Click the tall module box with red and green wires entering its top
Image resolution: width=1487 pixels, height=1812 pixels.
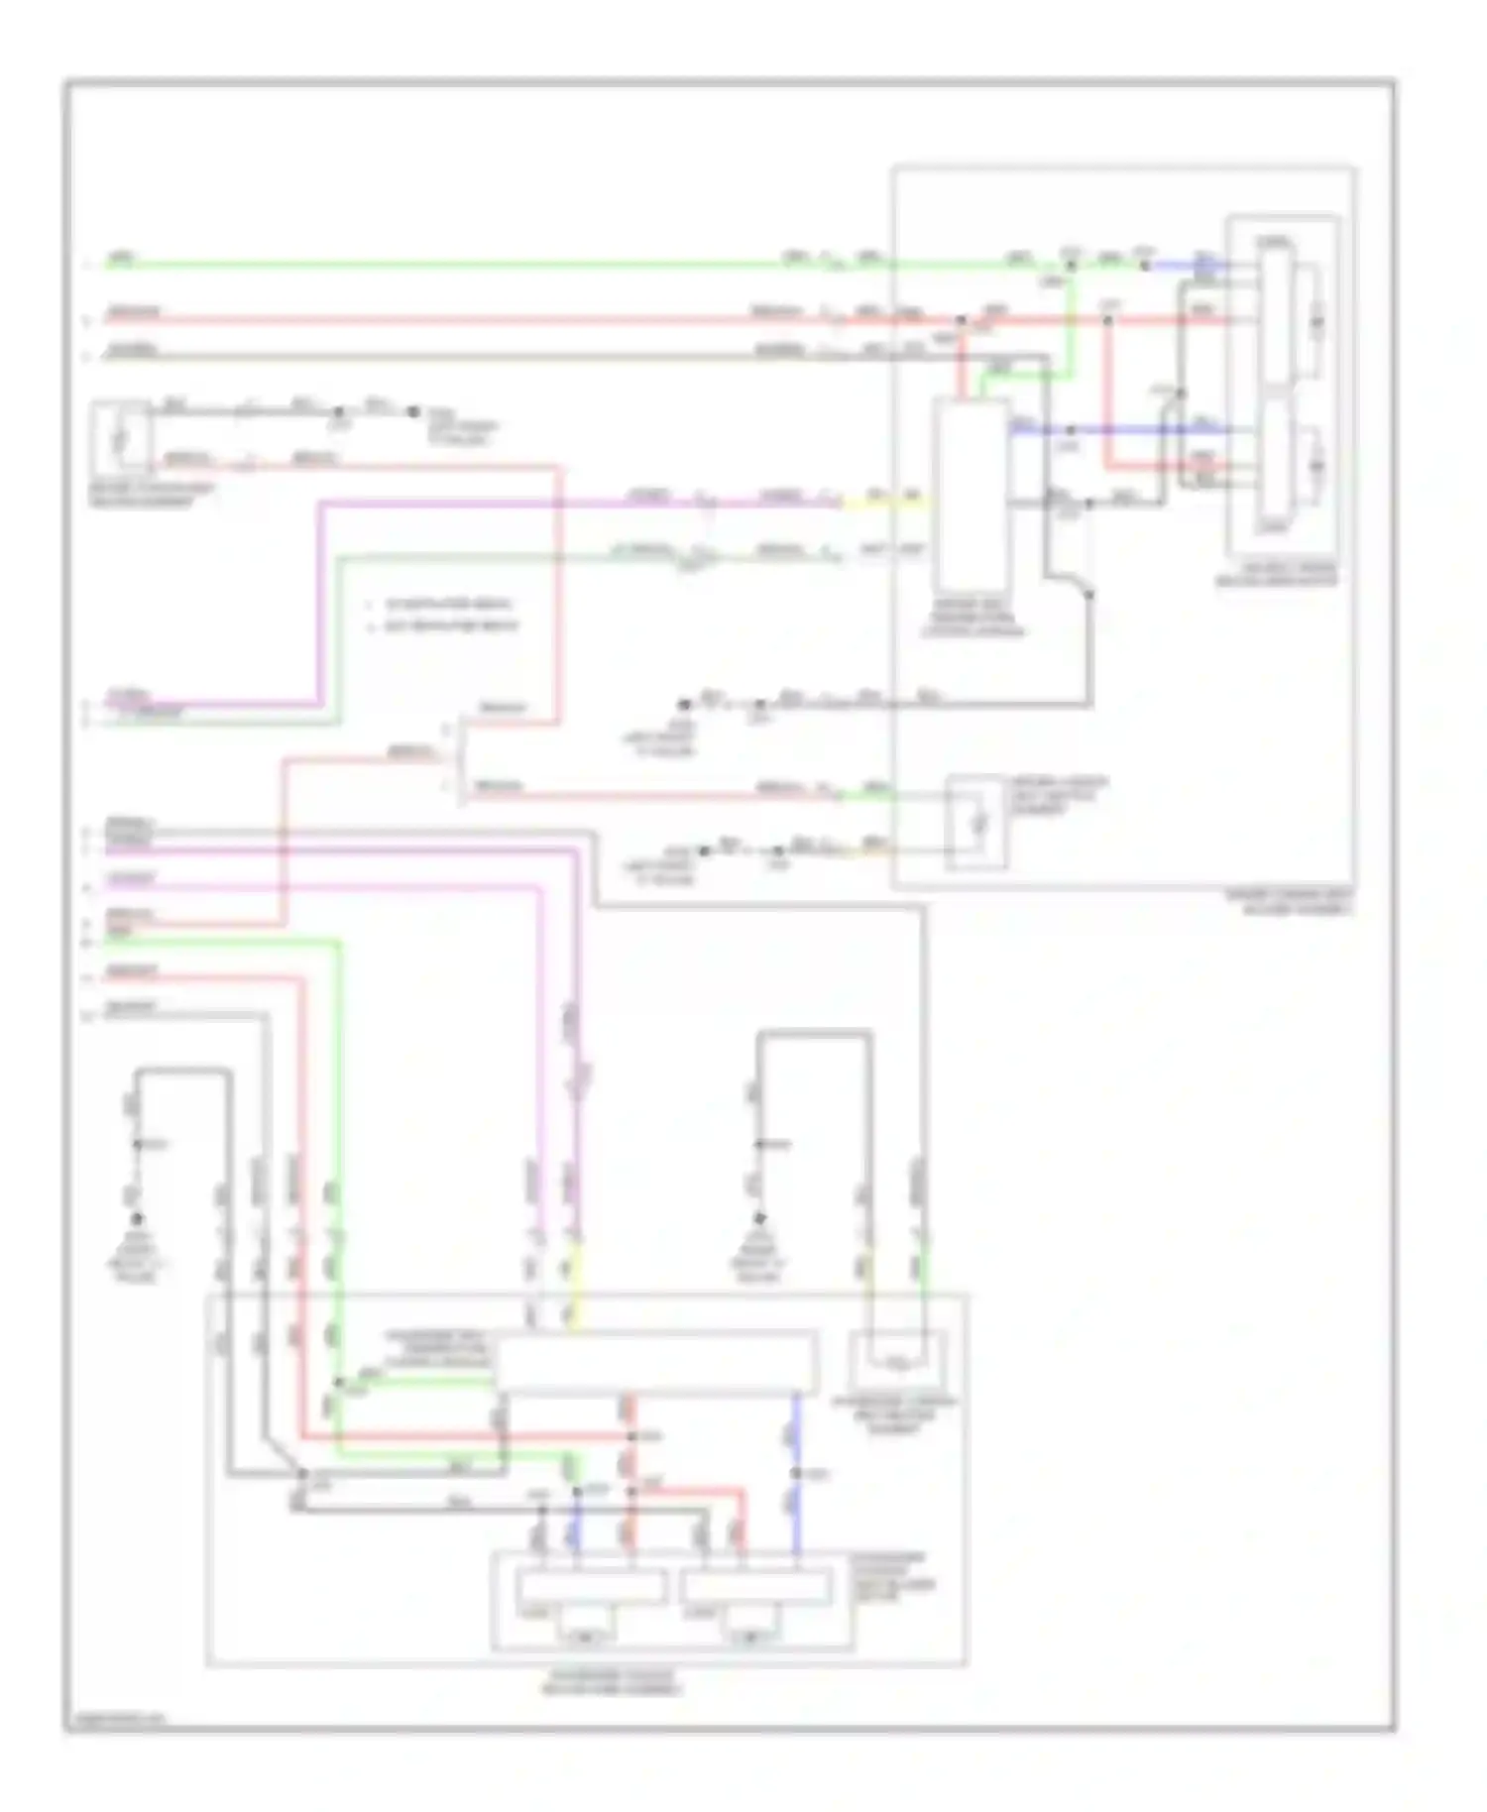pos(971,496)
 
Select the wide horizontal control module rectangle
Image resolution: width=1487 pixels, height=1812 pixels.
pos(656,1363)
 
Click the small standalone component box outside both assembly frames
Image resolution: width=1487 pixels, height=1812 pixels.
pos(121,436)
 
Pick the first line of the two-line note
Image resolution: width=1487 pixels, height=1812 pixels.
pos(446,605)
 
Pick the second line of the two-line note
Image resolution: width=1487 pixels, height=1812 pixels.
pos(446,626)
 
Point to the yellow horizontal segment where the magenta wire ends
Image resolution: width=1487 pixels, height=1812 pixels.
pos(884,504)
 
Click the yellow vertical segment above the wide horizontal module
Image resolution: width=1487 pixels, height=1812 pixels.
pos(574,1289)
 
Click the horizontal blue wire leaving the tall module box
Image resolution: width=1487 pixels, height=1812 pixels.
pos(1120,430)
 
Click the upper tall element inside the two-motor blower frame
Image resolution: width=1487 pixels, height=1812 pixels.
pos(1276,317)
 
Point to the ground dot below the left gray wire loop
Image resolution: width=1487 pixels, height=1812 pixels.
pos(137,1219)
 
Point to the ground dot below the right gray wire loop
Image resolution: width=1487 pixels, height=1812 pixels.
pos(759,1219)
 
